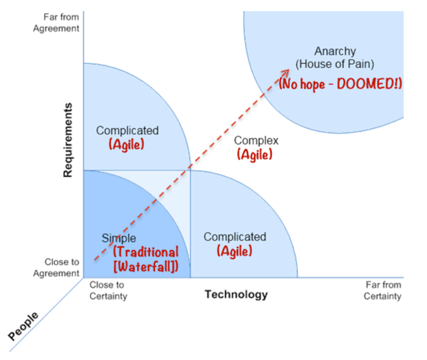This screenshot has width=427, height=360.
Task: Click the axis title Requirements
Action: pyautogui.click(x=68, y=140)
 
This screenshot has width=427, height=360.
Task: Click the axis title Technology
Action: pyautogui.click(x=236, y=294)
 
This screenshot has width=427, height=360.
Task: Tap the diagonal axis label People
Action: pyautogui.click(x=24, y=326)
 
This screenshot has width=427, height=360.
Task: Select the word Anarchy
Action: pyautogui.click(x=335, y=52)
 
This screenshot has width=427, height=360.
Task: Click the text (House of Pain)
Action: pyautogui.click(x=335, y=64)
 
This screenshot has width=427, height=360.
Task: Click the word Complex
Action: pyautogui.click(x=256, y=141)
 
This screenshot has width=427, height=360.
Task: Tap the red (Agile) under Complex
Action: pyautogui.click(x=255, y=155)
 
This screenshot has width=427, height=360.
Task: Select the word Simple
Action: pyautogui.click(x=118, y=239)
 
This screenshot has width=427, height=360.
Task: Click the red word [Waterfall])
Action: pyautogui.click(x=146, y=267)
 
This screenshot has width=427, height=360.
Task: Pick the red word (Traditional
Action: pyautogui.click(x=146, y=252)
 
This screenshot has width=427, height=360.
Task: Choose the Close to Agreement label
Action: pyautogui.click(x=56, y=267)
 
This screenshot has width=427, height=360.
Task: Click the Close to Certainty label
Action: pyautogui.click(x=108, y=290)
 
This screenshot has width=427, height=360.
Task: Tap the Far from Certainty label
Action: pyautogui.click(x=383, y=290)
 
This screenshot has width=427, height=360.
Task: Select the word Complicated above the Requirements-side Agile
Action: pyautogui.click(x=127, y=131)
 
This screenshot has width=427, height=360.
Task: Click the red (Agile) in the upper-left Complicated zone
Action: pyautogui.click(x=126, y=144)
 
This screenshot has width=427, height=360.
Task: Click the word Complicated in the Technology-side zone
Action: pyautogui.click(x=235, y=237)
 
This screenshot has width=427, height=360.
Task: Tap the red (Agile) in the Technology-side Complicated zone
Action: pyautogui.click(x=235, y=251)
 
